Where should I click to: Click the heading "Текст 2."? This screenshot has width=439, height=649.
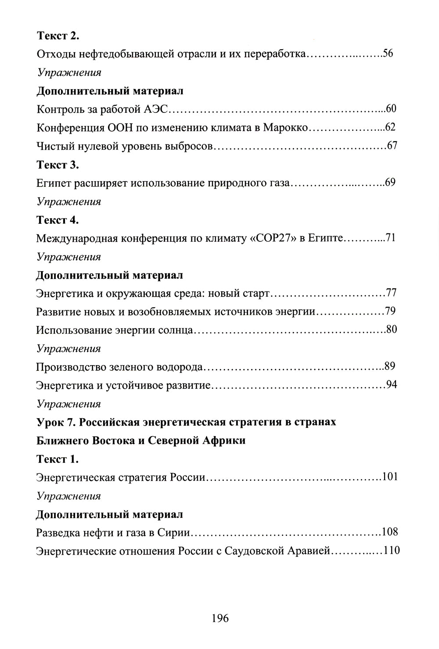click(x=58, y=36)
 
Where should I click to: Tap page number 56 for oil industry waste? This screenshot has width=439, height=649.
click(x=388, y=54)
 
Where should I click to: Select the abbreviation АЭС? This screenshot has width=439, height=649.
click(x=153, y=109)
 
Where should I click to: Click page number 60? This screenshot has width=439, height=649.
click(x=392, y=109)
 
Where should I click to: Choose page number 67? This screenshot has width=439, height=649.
click(x=392, y=146)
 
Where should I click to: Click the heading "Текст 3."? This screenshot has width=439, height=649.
click(x=58, y=165)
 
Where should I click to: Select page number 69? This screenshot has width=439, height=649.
click(x=391, y=183)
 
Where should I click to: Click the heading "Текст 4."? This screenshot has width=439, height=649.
click(x=58, y=220)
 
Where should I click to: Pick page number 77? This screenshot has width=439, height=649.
click(x=392, y=293)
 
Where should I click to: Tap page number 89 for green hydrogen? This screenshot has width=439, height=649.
click(x=390, y=366)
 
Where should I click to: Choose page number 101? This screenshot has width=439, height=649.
click(x=390, y=477)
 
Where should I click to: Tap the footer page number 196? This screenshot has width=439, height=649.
click(x=220, y=619)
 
